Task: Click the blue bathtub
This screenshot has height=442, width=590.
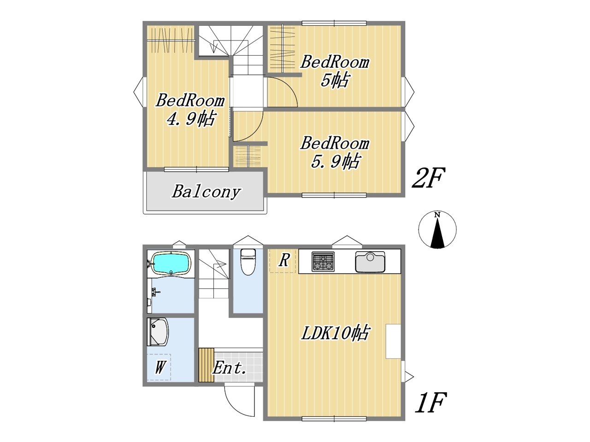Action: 172,264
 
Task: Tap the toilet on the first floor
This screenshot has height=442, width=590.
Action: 248,262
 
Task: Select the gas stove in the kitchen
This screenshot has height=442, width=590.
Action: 323,262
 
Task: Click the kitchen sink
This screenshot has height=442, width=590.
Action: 370,262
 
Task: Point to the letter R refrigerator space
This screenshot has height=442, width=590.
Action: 284,260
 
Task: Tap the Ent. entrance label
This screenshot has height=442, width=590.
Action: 229,368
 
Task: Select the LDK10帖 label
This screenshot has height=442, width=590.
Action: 335,333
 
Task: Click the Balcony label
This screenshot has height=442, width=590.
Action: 206,192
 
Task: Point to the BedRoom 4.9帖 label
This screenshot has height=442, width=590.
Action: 190,110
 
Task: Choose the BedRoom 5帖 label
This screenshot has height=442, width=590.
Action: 335,71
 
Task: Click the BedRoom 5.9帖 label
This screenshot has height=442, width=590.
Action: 335,152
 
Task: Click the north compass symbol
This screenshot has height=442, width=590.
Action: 437,230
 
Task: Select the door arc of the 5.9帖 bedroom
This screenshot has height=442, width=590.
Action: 255,132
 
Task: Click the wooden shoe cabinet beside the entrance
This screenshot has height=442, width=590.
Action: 206,365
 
